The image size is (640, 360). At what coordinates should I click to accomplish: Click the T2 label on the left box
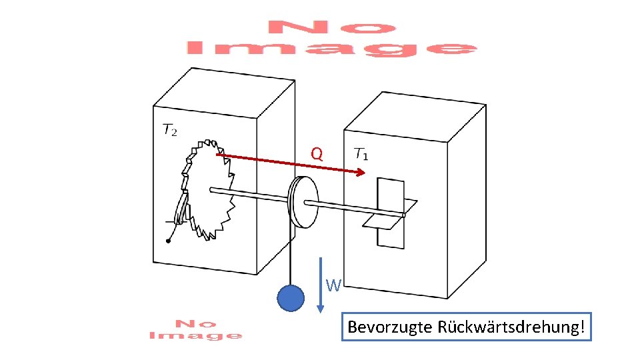pos(170,129)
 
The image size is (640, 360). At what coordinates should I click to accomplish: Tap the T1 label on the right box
pos(361,154)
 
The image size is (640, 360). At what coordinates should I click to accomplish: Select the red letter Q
pos(317,155)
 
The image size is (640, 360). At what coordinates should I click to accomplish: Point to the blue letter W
pos(333,286)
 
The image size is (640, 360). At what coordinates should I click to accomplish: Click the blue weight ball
pos(291,299)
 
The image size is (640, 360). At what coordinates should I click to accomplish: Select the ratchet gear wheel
pos(209,189)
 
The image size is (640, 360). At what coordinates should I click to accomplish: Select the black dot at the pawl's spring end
pos(168,241)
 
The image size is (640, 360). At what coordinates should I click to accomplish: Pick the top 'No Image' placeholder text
pos(331,39)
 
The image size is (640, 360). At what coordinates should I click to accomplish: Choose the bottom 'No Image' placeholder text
pos(195,329)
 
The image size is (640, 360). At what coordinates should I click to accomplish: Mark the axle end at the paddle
pos(403,215)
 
